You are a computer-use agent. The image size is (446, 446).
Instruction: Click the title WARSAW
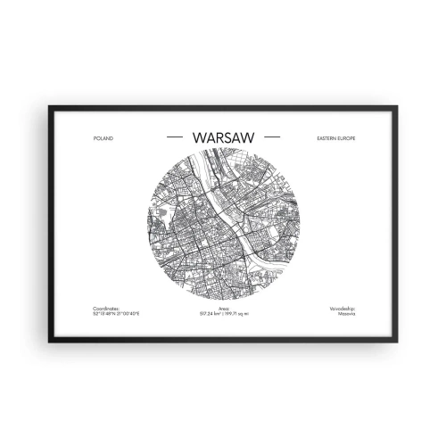[223, 138]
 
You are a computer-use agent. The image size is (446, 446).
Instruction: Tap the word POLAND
[103, 139]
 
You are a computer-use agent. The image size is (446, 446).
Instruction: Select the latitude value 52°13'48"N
[103, 315]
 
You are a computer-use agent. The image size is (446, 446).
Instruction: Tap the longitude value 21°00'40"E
[126, 315]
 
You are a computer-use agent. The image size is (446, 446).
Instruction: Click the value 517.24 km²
[211, 315]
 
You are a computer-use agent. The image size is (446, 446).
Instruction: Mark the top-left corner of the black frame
[49, 107]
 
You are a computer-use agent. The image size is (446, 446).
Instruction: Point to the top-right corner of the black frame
[397, 107]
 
